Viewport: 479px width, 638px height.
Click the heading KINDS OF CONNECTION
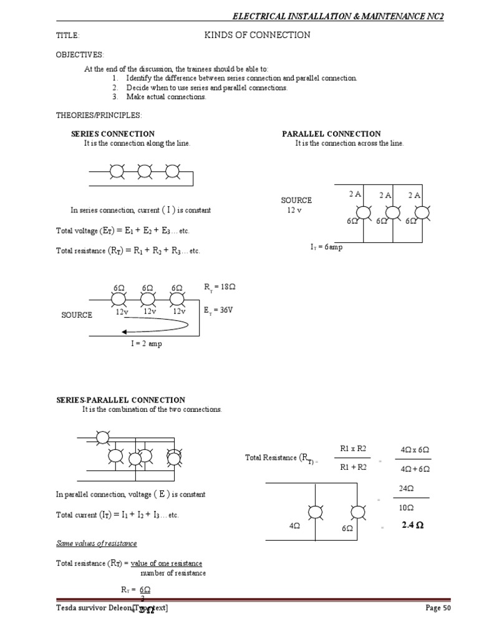tap(257, 36)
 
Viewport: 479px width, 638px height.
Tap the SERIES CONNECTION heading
tap(113, 133)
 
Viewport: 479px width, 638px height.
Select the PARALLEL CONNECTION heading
tap(331, 133)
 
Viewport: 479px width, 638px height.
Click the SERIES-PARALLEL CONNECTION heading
tap(121, 400)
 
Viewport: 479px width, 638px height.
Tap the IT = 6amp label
tap(326, 247)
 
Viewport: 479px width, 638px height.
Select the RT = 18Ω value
tap(220, 287)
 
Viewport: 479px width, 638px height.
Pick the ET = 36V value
tap(218, 310)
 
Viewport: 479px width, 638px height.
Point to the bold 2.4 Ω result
tap(413, 526)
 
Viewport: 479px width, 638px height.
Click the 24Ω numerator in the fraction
tap(406, 489)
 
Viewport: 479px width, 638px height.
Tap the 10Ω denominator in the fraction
tap(406, 508)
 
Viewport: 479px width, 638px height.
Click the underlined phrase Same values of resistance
tap(97, 544)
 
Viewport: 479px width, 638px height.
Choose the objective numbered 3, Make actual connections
tap(165, 97)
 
